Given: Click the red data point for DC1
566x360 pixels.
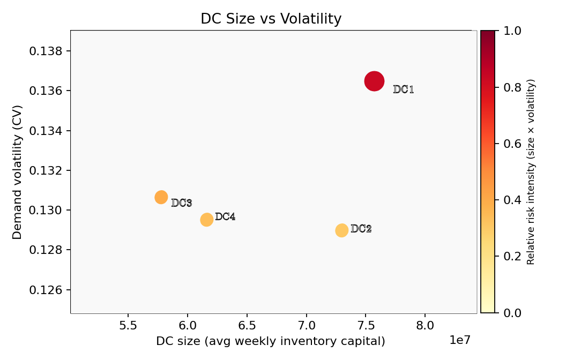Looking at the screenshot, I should pos(374,81).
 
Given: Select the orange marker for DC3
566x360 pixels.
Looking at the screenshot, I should pos(161,197).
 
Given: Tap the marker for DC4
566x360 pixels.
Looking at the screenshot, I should pos(207,220).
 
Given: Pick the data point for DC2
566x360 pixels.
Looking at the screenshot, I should pos(342,230).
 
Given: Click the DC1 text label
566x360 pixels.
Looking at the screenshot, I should pos(403,89).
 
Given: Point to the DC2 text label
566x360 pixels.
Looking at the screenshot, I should pos(361,229).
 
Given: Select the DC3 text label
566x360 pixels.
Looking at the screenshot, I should pos(181,203).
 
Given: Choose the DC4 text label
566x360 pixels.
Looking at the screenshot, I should pos(225,217).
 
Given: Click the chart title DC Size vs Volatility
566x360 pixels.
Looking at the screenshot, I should pos(271,19).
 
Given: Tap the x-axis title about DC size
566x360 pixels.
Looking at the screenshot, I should pos(271,341).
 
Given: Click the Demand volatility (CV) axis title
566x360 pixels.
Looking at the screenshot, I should pos(18,172).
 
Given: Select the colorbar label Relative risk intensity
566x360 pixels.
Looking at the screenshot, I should pos(531,171).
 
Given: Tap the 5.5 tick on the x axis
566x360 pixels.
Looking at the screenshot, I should pos(128,325).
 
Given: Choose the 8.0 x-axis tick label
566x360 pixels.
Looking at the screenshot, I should pos(425,325).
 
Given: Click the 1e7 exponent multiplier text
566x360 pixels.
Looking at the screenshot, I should pos(459,340).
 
